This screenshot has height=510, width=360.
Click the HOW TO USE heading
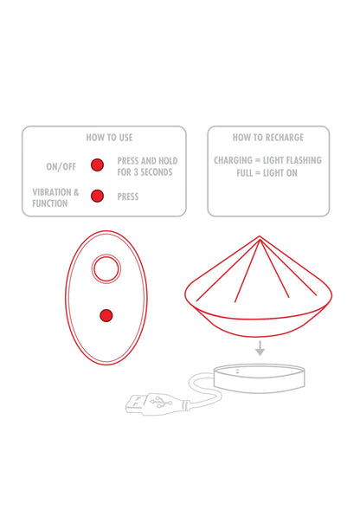click(109, 138)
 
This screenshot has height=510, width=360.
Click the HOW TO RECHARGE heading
click(268, 138)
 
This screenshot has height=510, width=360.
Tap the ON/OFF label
click(61, 167)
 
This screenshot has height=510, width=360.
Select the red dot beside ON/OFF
click(97, 165)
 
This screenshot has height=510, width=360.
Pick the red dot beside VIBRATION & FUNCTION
click(97, 197)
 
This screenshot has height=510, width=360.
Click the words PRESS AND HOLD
click(147, 161)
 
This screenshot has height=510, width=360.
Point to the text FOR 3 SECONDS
click(145, 172)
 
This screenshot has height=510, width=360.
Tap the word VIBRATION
click(51, 192)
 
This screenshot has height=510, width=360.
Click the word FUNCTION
click(49, 203)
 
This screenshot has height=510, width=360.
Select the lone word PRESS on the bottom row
click(128, 197)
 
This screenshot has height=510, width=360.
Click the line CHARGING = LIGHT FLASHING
click(267, 160)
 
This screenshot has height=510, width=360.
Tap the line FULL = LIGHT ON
click(267, 173)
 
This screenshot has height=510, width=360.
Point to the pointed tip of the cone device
click(260, 236)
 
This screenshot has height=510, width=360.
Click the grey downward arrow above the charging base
click(260, 348)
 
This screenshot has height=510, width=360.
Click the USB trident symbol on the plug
click(161, 402)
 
